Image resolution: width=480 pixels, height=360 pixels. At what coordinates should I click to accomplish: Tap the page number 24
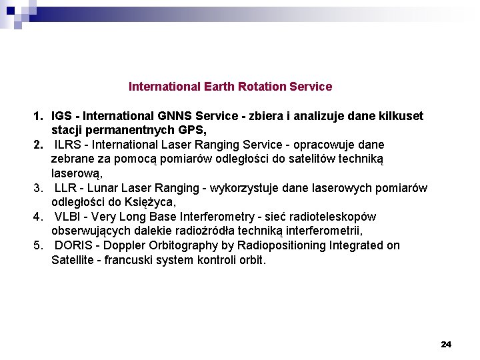point(446,344)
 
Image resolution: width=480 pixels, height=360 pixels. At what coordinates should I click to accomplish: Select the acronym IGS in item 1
point(62,116)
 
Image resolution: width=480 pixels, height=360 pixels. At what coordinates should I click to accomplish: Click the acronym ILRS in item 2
point(67,145)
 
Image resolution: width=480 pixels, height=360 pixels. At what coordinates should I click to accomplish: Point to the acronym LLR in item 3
point(66,188)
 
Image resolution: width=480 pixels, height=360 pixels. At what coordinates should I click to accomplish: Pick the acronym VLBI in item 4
point(69,217)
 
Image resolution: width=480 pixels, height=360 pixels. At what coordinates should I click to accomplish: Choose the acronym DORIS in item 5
point(73,245)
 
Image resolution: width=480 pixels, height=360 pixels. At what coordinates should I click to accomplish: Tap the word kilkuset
point(400,116)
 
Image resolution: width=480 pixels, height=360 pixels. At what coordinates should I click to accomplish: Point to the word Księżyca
point(151,202)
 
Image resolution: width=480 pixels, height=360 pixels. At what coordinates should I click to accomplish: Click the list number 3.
point(37,188)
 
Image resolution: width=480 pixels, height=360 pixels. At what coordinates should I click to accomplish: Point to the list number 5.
point(37,245)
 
